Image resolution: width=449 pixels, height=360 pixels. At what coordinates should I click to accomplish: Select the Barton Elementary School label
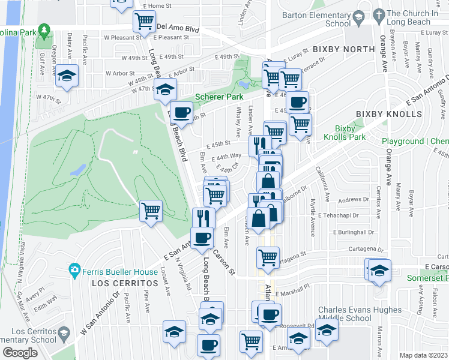click(321, 19)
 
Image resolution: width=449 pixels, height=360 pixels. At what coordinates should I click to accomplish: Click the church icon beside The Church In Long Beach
click(378, 14)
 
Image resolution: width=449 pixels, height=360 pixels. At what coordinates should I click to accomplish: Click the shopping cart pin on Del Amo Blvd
click(145, 22)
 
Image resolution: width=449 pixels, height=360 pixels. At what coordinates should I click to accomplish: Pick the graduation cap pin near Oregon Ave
click(67, 76)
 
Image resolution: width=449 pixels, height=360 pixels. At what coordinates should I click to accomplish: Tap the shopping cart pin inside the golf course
click(151, 210)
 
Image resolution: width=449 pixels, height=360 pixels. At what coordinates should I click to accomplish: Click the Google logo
click(20, 353)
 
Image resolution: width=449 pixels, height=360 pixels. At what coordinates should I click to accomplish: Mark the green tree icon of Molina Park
click(43, 29)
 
